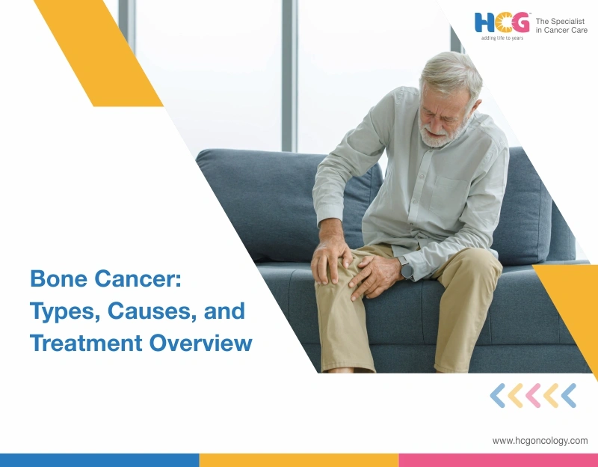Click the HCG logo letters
[502, 22]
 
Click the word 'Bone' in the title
[57, 280]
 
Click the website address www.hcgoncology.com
[540, 441]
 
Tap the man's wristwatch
[406, 267]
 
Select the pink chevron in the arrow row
[533, 395]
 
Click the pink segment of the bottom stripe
[498, 460]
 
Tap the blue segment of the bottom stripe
[99, 460]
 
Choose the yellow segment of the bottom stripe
[299, 460]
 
